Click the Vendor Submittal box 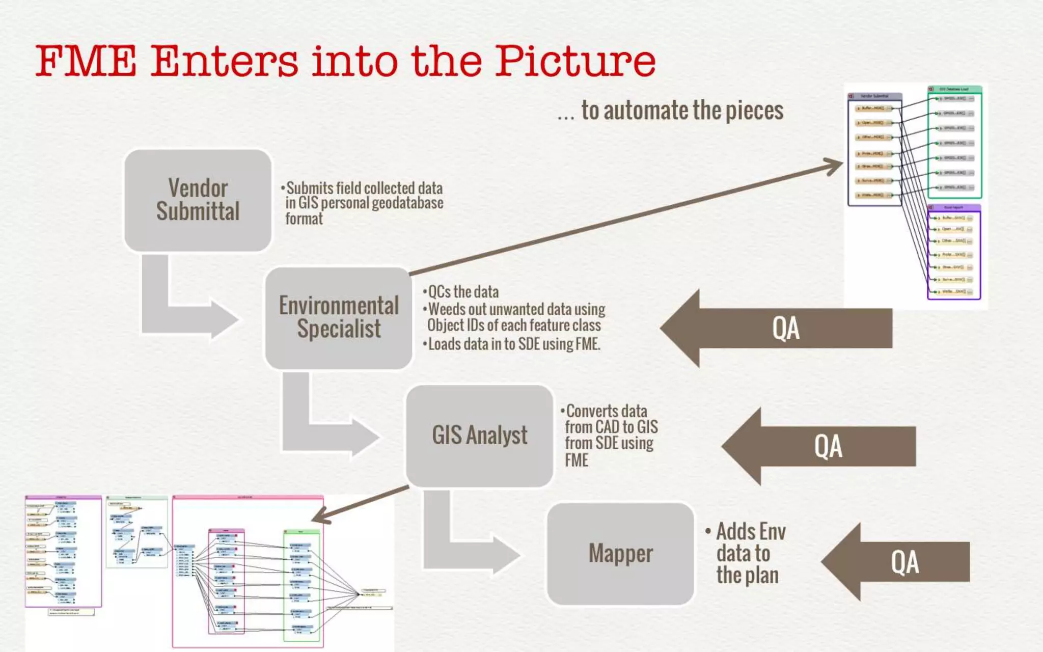pyautogui.click(x=198, y=200)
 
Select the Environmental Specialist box pyautogui.click(x=338, y=318)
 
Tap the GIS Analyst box pyautogui.click(x=479, y=436)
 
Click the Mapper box pyautogui.click(x=620, y=554)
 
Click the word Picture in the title pyautogui.click(x=575, y=61)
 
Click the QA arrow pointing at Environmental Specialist pyautogui.click(x=784, y=329)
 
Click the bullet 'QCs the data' pyautogui.click(x=462, y=292)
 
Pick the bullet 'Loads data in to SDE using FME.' pyautogui.click(x=513, y=344)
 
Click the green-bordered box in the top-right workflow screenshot pyautogui.click(x=954, y=143)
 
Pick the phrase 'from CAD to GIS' pyautogui.click(x=611, y=427)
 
